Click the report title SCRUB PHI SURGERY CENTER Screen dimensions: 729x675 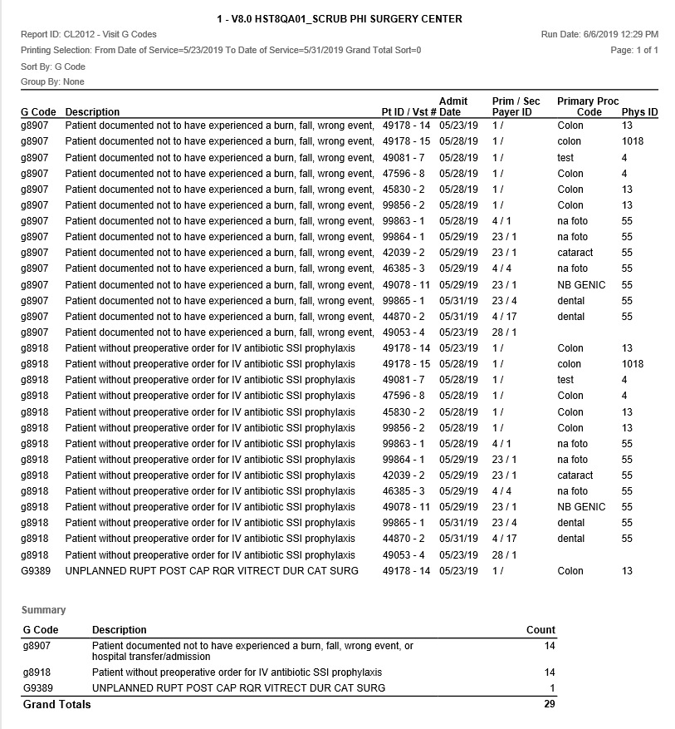pos(338,18)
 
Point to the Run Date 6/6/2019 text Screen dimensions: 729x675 pos(599,35)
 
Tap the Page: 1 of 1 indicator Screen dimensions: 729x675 pos(634,51)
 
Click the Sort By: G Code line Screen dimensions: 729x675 pos(53,66)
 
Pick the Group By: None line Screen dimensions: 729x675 pos(52,82)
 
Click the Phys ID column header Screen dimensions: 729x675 pos(639,112)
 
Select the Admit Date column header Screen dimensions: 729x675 pos(453,106)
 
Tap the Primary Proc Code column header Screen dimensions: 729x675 pos(588,106)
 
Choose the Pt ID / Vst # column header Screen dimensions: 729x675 pos(408,112)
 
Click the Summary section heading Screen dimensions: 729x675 pos(43,610)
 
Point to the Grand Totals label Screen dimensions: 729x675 pos(57,705)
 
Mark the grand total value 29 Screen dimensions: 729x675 pos(549,705)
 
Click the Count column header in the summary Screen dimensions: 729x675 pos(540,630)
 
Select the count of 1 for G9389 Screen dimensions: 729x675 pos(552,687)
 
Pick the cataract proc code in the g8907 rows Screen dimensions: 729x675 pos(575,253)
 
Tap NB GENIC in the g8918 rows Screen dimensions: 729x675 pos(581,507)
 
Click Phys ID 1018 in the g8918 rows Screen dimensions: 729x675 pos(633,364)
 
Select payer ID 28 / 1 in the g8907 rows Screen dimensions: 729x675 pos(504,332)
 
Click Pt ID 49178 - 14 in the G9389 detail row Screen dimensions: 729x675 pos(406,571)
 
